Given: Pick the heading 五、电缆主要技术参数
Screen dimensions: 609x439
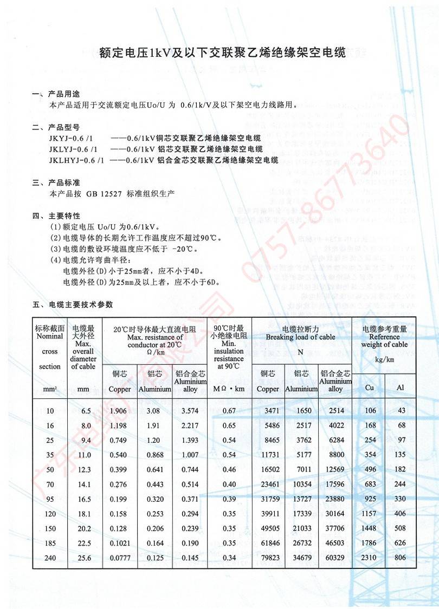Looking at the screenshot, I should (73, 305).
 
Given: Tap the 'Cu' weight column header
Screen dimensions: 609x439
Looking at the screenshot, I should (370, 388).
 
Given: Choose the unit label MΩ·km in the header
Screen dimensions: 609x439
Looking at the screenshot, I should (229, 389).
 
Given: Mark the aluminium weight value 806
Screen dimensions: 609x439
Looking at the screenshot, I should (401, 558).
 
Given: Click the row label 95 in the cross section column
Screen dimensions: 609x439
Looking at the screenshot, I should (50, 499).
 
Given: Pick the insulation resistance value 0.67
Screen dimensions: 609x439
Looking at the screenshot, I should (229, 411).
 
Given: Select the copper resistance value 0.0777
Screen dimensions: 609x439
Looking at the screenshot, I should (119, 558).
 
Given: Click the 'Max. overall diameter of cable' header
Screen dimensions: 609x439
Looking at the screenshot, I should (83, 348).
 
